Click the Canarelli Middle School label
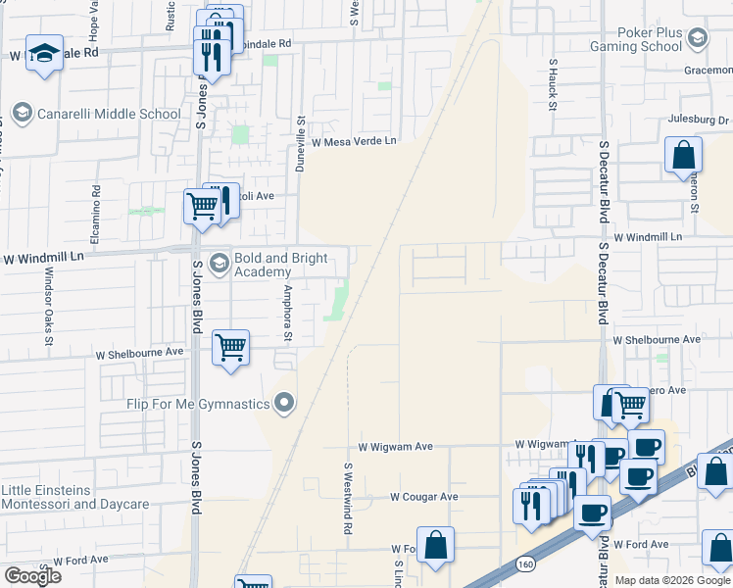click(108, 114)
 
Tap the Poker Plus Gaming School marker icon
click(698, 38)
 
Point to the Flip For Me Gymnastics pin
click(285, 403)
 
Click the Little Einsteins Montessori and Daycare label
click(74, 497)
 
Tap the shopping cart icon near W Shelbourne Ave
click(230, 347)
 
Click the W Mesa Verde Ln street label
click(354, 142)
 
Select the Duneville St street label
click(302, 144)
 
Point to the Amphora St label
click(287, 314)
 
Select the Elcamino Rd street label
click(96, 216)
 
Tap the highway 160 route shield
click(523, 565)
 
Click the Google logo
click(32, 576)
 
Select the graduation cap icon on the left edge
click(44, 54)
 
